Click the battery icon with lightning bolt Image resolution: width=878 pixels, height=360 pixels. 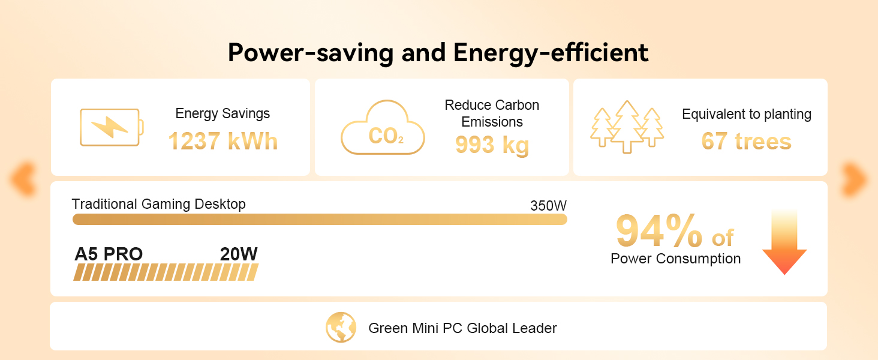[112, 127]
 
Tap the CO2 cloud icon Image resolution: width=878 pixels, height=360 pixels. [383, 127]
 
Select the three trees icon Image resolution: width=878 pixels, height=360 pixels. [627, 127]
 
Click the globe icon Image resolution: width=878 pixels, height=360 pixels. [341, 328]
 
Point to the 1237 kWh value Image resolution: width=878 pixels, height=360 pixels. [223, 141]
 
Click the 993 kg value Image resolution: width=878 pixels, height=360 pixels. [492, 145]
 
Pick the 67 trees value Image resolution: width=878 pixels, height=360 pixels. [746, 141]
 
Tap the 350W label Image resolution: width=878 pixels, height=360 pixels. [548, 205]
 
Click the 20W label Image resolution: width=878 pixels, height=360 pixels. [239, 254]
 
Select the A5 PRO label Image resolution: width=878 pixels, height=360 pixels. [109, 254]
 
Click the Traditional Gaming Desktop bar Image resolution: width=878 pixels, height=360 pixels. [320, 219]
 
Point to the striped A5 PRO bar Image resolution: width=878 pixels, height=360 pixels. [166, 272]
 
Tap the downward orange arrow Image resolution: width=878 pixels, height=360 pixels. [784, 242]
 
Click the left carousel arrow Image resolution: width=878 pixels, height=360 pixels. [23, 178]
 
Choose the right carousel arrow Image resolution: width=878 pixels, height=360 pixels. [855, 178]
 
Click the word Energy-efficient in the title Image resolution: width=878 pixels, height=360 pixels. [551, 53]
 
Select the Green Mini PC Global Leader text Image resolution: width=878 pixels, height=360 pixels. [462, 328]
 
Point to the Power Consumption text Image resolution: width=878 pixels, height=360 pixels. [676, 259]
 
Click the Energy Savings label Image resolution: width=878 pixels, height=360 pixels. [222, 114]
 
